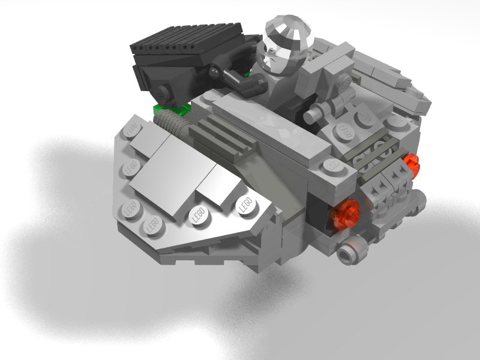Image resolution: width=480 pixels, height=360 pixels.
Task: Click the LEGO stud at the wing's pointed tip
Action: (246, 205)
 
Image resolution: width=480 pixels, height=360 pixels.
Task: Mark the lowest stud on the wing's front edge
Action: (154, 226)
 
